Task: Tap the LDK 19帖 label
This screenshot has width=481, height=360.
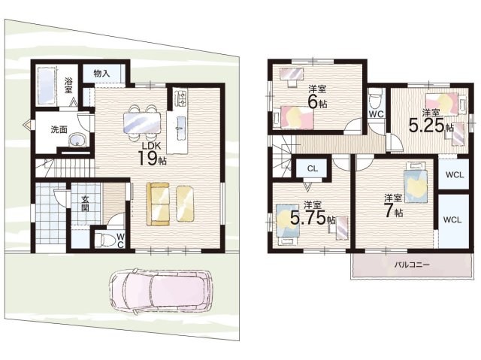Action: pyautogui.click(x=152, y=154)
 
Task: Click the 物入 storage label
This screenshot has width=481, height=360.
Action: pyautogui.click(x=101, y=74)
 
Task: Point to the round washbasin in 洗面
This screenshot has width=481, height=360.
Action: pyautogui.click(x=77, y=141)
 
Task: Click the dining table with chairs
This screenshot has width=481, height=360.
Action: pyautogui.click(x=142, y=123)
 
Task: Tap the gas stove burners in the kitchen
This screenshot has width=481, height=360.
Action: pyautogui.click(x=180, y=98)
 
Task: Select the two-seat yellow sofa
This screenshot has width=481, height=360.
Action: pyautogui.click(x=158, y=204)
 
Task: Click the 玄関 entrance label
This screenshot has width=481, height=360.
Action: pyautogui.click(x=85, y=204)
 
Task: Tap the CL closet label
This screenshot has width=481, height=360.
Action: pyautogui.click(x=313, y=168)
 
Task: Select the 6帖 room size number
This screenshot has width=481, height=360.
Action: pyautogui.click(x=317, y=102)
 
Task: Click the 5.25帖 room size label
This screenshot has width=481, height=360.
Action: pyautogui.click(x=431, y=125)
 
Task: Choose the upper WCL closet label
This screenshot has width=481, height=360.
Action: pyautogui.click(x=455, y=175)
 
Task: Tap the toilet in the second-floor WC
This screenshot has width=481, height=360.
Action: pyautogui.click(x=375, y=98)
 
